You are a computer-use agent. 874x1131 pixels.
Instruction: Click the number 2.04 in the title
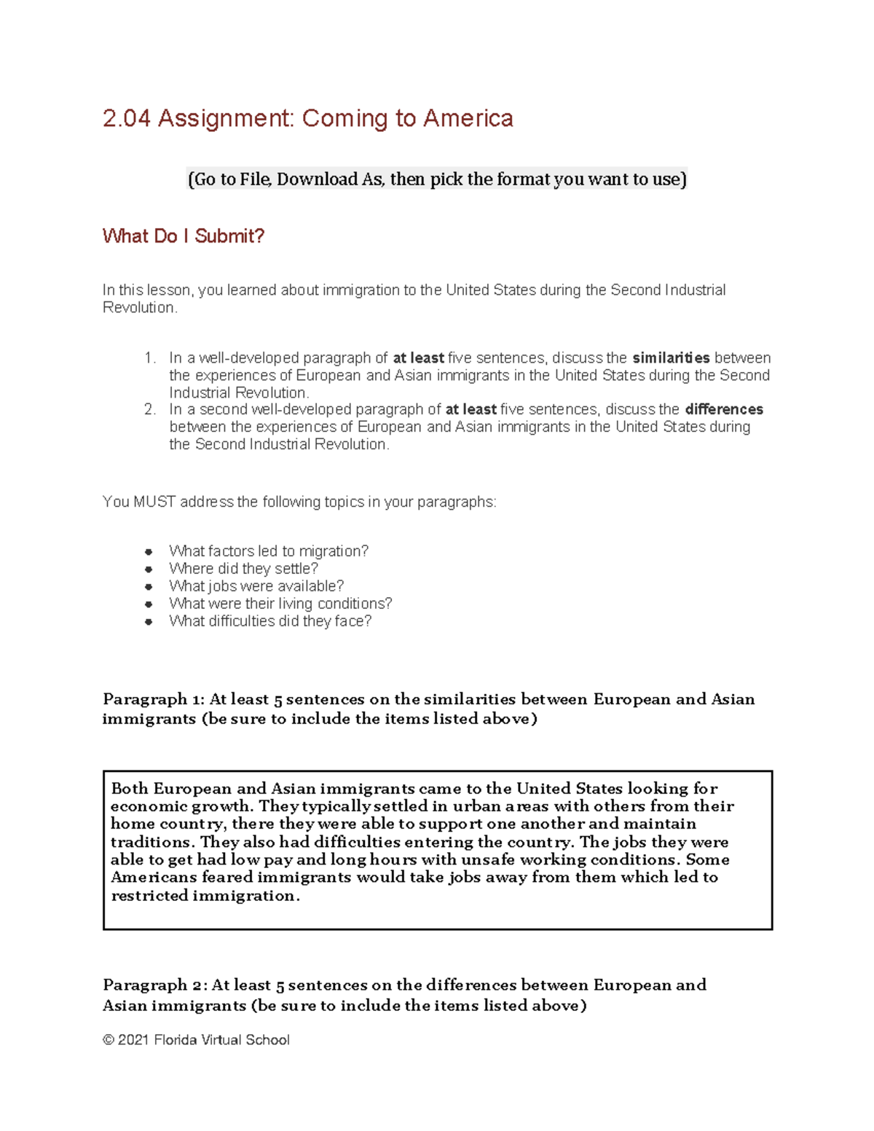127,119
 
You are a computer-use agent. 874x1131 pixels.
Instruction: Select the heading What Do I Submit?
183,236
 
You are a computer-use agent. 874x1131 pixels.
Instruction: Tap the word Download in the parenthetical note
317,179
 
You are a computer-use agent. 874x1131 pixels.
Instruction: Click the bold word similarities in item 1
671,358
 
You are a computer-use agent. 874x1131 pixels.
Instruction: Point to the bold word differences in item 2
724,409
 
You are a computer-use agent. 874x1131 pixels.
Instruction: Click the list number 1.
150,358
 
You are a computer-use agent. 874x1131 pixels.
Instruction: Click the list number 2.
150,409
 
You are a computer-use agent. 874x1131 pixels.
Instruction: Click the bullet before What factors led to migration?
149,551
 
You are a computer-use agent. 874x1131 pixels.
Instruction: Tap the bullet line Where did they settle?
243,569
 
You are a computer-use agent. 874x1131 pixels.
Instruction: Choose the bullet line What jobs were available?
256,586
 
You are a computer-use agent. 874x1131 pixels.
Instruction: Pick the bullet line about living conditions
280,604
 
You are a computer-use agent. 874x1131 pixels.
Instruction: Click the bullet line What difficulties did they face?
270,621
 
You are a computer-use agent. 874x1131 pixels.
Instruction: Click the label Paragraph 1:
154,699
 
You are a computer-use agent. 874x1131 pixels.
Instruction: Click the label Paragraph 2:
155,985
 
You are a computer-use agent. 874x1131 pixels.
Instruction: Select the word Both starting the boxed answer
130,789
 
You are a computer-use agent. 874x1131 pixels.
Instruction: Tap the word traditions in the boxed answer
152,842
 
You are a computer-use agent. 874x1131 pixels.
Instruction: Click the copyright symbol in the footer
109,1040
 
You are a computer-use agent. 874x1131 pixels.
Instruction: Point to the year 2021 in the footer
133,1040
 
